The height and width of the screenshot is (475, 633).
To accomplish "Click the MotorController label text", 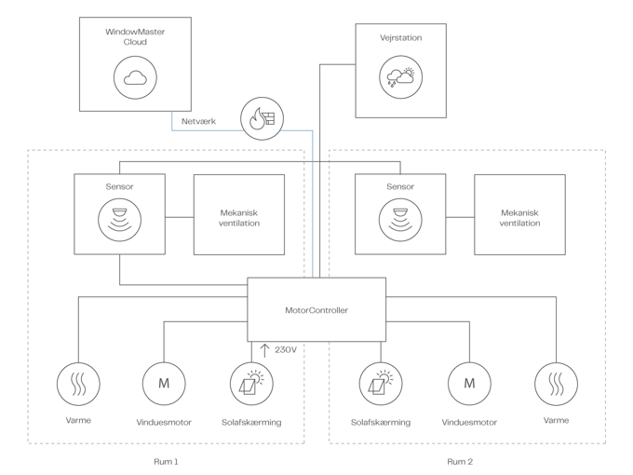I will coord(316,310).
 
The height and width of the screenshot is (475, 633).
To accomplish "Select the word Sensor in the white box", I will coord(119,186).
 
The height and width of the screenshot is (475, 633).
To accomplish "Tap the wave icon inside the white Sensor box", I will coord(119,221).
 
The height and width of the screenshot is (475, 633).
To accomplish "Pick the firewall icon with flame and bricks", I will coord(262,117).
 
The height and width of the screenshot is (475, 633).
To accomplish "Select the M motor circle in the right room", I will coord(469,382).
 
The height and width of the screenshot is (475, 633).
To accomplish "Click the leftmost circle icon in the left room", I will coord(77,382).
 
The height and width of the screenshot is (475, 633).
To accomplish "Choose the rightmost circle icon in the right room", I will coord(556,382).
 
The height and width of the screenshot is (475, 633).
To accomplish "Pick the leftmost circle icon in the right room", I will coord(381,382).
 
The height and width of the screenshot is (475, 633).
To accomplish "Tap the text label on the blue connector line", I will coord(198,121).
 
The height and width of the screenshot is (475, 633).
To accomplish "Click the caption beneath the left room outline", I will coord(165,460).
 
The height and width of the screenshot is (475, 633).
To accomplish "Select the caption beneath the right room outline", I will coord(459,460).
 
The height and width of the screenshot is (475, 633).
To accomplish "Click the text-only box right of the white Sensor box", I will coord(238,216).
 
